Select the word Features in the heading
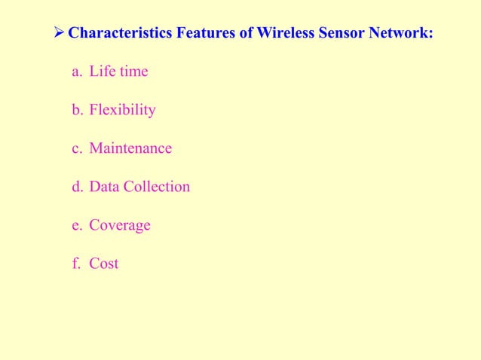[x=196, y=33]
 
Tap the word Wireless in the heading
[x=275, y=33]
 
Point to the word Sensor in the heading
[x=336, y=33]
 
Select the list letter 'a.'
[x=76, y=72]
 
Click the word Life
[x=102, y=72]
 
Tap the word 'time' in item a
[x=133, y=72]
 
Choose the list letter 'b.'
[x=77, y=110]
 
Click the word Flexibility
[x=122, y=110]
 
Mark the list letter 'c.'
[x=76, y=148]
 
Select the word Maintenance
[x=130, y=148]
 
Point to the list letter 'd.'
[x=77, y=187]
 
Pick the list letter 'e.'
[x=76, y=225]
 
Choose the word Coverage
[x=120, y=226]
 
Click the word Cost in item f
[x=104, y=264]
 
